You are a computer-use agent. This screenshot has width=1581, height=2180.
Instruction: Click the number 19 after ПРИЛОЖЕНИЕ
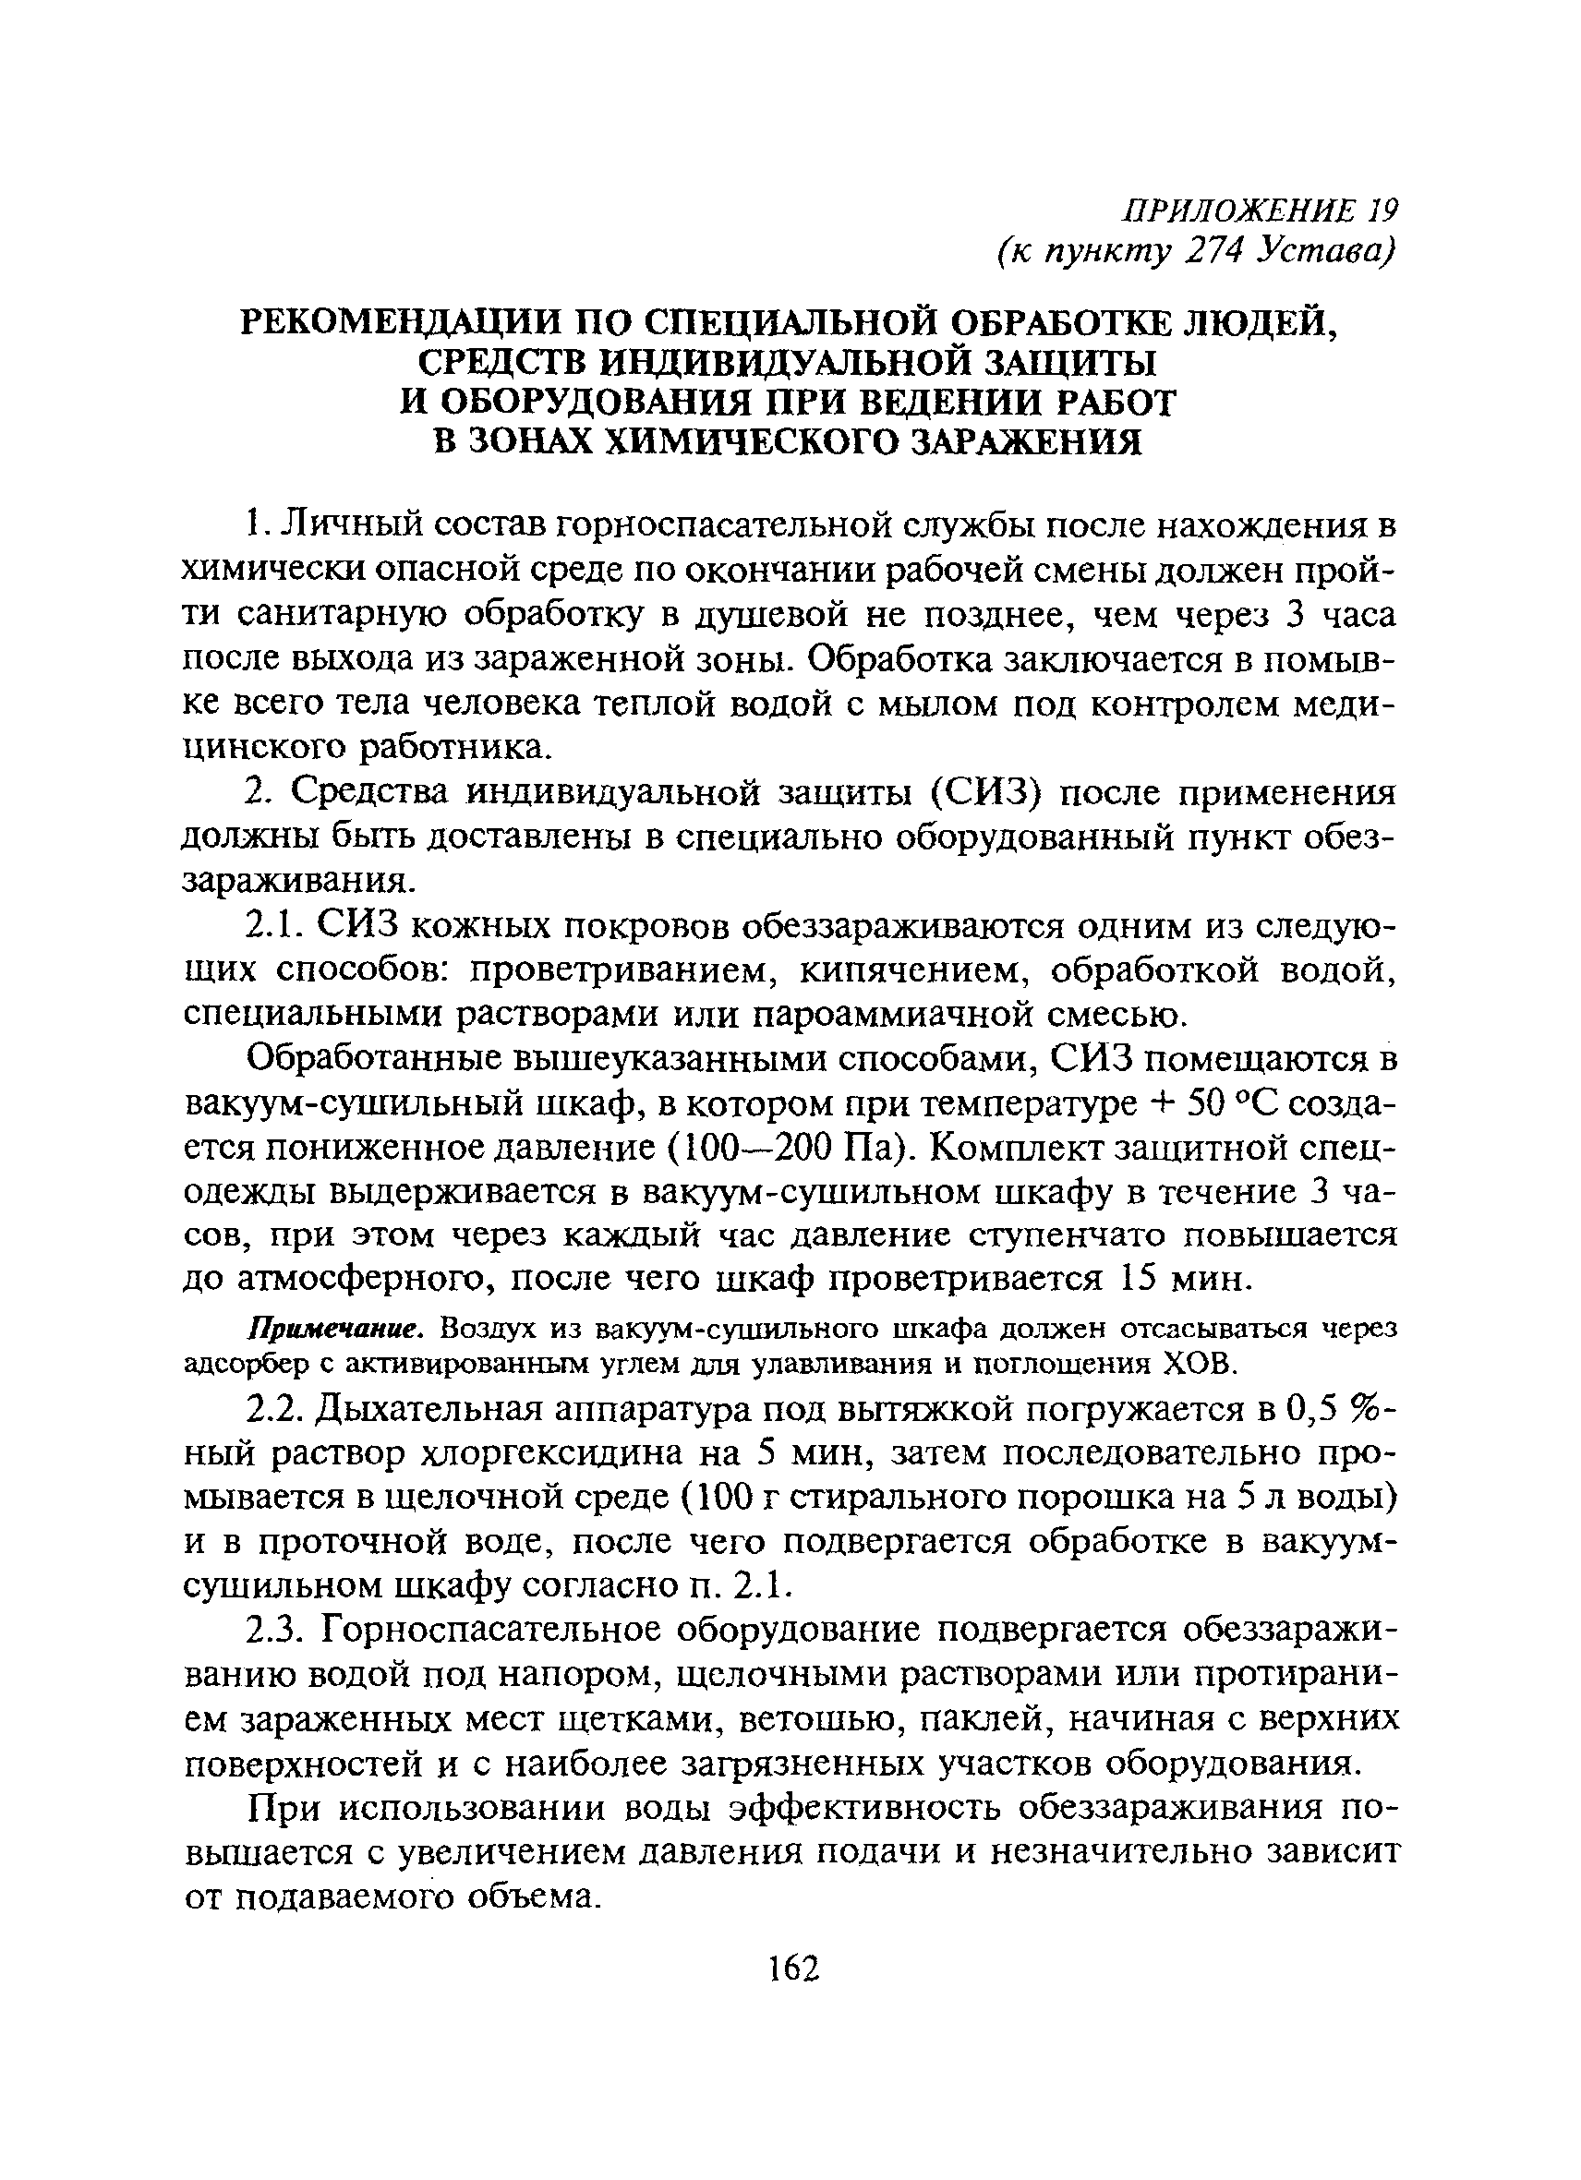tap(1382, 210)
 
